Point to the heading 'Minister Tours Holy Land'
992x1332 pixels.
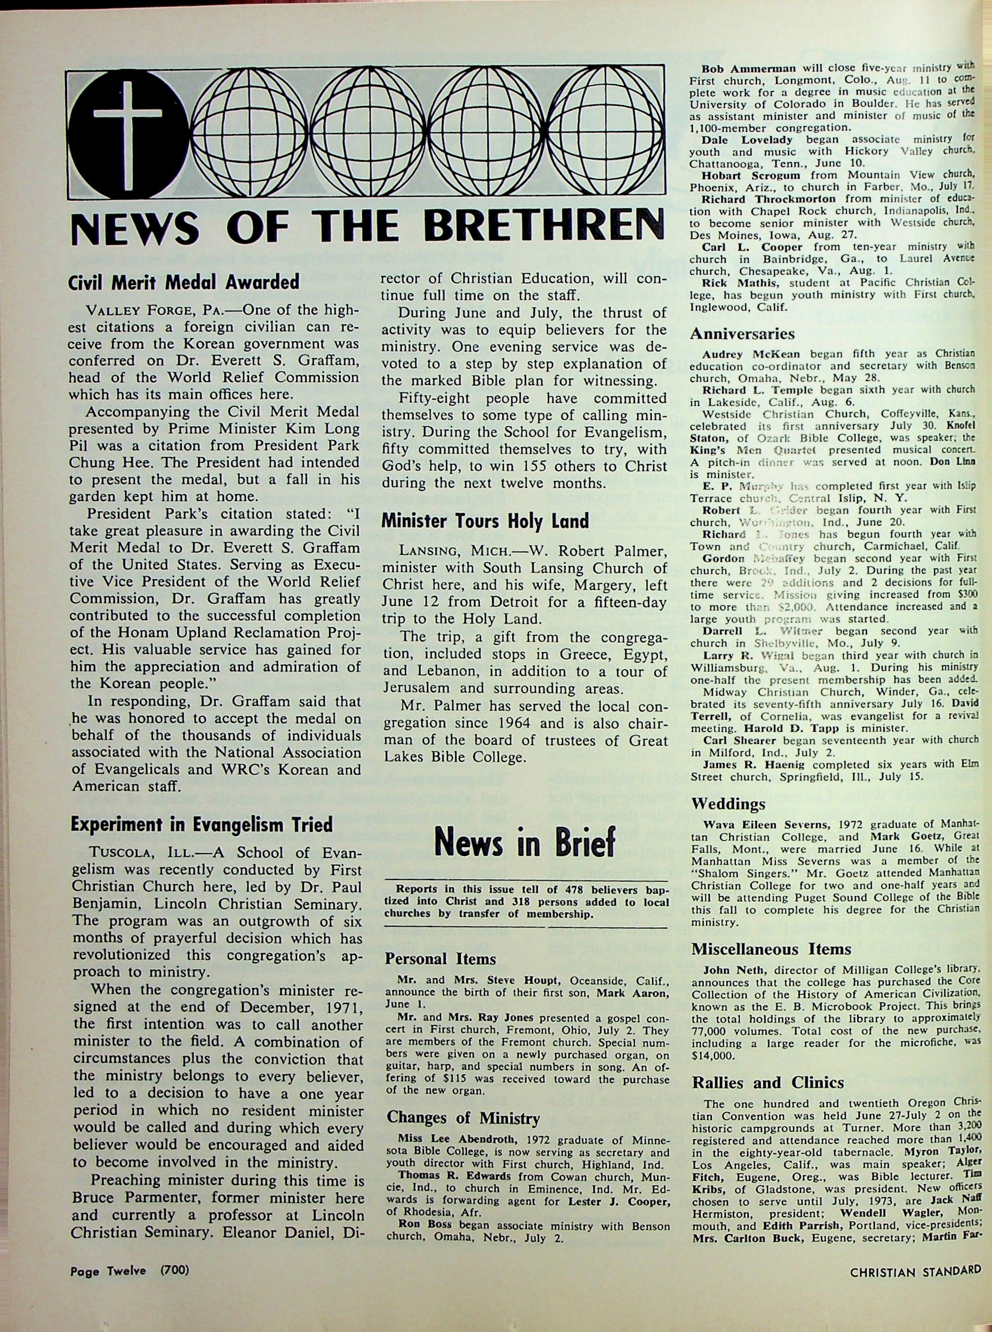point(485,520)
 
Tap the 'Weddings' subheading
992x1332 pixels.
point(728,803)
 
